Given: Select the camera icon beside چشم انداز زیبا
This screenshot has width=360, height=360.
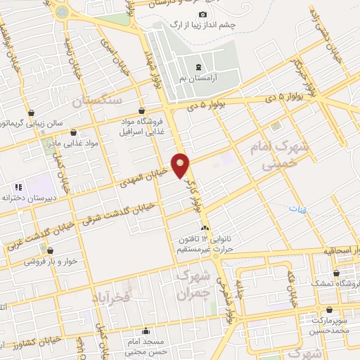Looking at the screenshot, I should (203, 15).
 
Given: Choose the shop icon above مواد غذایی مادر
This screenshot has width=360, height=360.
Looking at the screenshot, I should (74, 132).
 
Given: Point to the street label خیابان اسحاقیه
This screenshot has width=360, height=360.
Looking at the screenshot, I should (334, 250).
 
